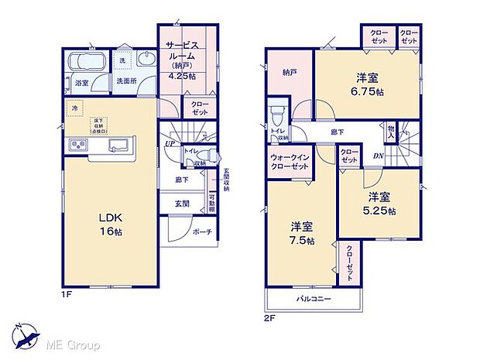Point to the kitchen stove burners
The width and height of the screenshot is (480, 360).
80,145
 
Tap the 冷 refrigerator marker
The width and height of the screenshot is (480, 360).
74,108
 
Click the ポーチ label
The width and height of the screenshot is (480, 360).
203,231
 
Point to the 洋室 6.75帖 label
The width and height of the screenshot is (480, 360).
368,84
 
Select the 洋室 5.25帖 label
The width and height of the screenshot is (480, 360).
380,203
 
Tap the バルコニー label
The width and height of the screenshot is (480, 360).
313,298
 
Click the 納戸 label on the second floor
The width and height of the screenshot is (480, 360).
289,70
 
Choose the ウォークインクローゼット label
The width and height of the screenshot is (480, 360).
289,161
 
